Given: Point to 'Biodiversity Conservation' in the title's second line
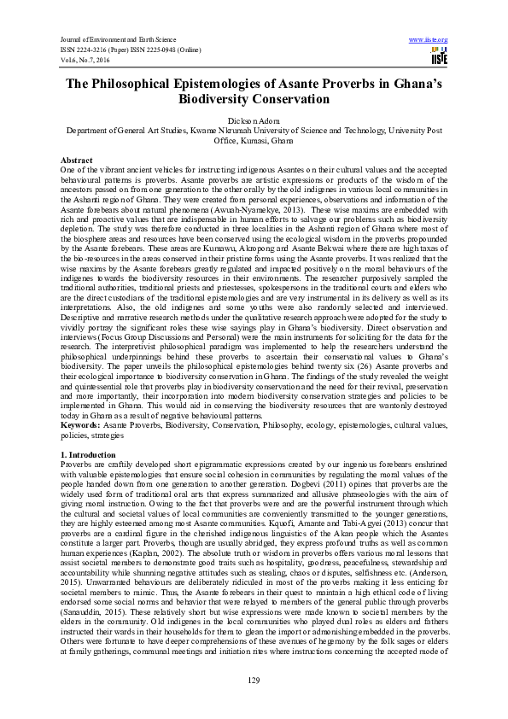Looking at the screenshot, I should [254, 99].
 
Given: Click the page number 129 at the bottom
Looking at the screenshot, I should [254, 680].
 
